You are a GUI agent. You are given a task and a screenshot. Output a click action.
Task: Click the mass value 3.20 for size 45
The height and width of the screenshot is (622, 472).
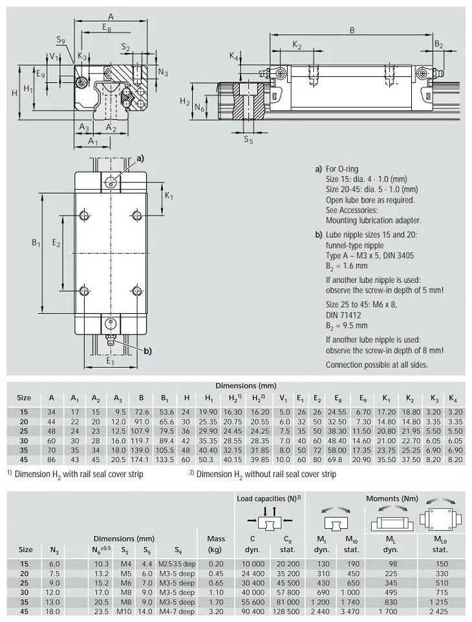click(x=215, y=612)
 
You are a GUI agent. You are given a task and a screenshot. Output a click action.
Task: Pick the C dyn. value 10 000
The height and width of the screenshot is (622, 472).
click(x=253, y=563)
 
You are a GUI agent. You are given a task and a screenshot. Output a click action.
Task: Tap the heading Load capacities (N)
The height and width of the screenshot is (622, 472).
click(x=268, y=498)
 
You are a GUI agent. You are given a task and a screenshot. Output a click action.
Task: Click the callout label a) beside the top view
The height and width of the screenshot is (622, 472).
click(x=139, y=158)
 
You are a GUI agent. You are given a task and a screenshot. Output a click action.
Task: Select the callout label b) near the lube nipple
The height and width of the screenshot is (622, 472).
click(x=147, y=351)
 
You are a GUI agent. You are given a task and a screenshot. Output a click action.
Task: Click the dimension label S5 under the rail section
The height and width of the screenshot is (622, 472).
click(x=248, y=139)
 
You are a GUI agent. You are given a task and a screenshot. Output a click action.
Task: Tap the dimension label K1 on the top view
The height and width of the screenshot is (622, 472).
click(x=169, y=196)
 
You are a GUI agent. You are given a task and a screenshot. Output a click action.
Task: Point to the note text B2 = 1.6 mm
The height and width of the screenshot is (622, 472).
click(x=347, y=265)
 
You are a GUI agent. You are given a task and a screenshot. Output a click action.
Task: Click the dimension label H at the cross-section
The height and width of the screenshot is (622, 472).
click(x=14, y=92)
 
